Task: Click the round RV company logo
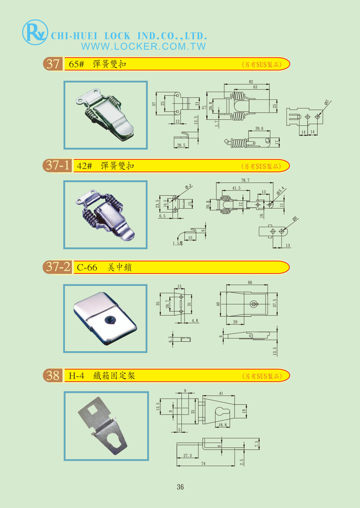coord(35,33)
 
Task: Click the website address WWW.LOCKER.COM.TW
coord(143,46)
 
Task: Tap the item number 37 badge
coord(53,64)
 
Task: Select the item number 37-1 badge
coord(58,165)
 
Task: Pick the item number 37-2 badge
coord(58,267)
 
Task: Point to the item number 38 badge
coord(53,375)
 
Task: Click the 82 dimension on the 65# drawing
coord(251,82)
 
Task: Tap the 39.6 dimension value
coord(259,128)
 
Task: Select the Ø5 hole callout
coord(326,102)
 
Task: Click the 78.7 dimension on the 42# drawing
coord(245,180)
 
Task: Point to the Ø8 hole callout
coord(295,219)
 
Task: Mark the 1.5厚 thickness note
coord(178,244)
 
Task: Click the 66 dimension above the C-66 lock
coord(250,282)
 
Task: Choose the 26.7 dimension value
coord(167,304)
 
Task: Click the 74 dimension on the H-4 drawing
coord(203,463)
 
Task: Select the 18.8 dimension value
coord(222,425)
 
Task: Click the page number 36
coord(180,487)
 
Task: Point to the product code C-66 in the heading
coord(87,268)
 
